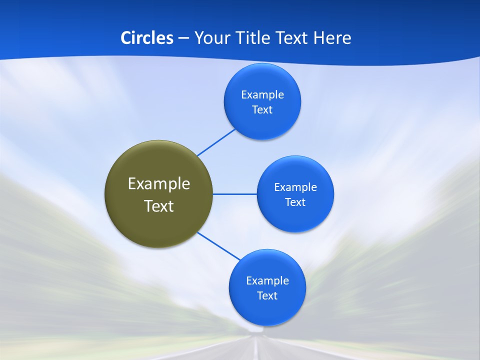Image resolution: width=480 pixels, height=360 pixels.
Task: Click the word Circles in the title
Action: pyautogui.click(x=147, y=38)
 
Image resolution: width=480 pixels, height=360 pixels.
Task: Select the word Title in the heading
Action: pyautogui.click(x=253, y=38)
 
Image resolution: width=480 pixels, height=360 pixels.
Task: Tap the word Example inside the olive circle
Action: pyautogui.click(x=159, y=184)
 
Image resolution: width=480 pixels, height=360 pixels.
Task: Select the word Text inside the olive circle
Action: pyautogui.click(x=159, y=206)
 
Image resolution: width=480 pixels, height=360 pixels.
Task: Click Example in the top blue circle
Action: pyautogui.click(x=262, y=95)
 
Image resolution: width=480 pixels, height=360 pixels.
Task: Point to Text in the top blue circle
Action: pyautogui.click(x=262, y=110)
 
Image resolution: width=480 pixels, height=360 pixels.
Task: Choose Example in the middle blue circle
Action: pyautogui.click(x=295, y=187)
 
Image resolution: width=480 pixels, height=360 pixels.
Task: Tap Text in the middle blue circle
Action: pyautogui.click(x=295, y=202)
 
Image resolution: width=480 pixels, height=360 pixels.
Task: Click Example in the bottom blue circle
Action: pyautogui.click(x=267, y=281)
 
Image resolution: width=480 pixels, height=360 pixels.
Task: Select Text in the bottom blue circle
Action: pyautogui.click(x=267, y=296)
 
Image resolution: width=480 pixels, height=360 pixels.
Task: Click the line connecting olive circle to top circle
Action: pyautogui.click(x=216, y=142)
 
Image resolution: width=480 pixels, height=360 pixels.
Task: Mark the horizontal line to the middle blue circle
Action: pyautogui.click(x=235, y=194)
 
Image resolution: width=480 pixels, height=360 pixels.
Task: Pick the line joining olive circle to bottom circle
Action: pyautogui.click(x=219, y=246)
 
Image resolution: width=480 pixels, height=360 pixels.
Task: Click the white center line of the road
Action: pyautogui.click(x=256, y=350)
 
